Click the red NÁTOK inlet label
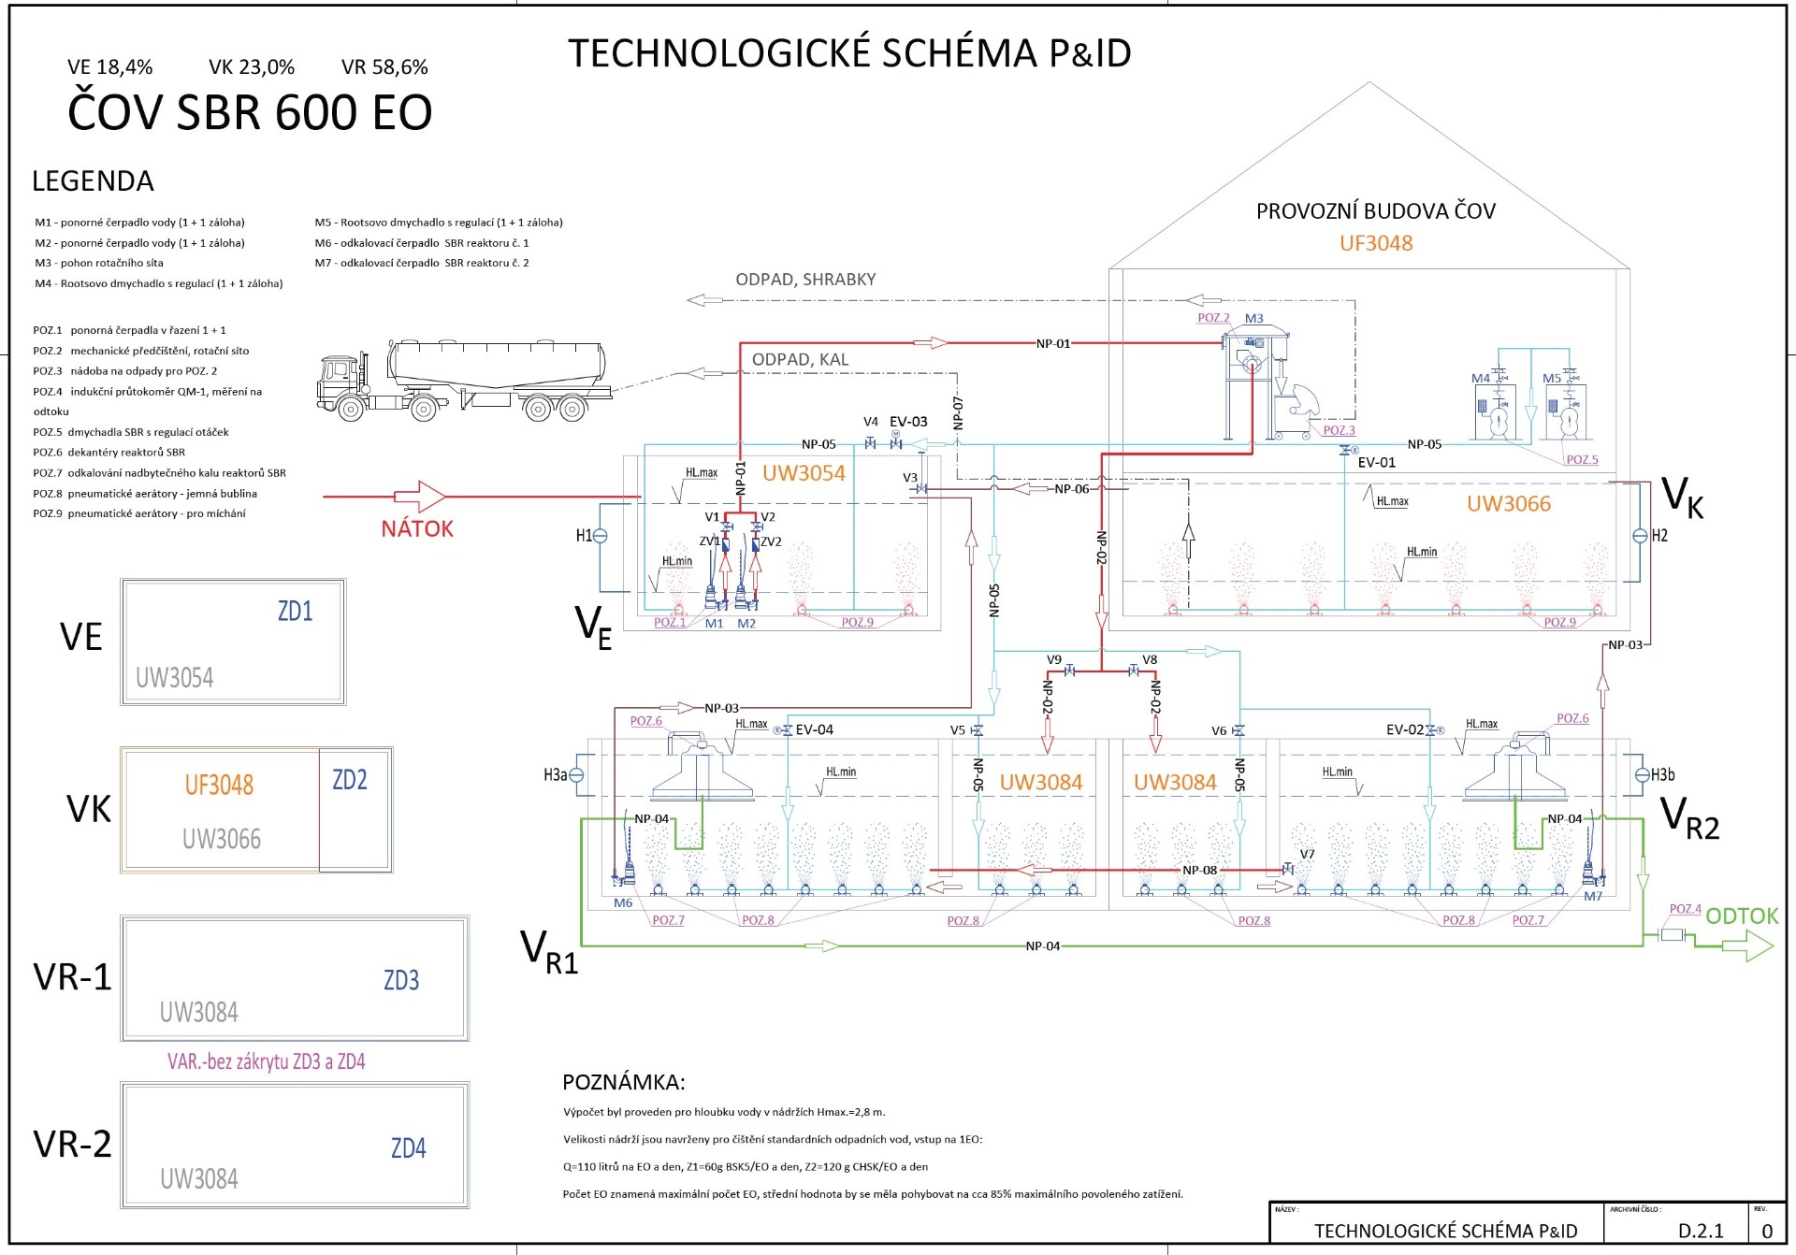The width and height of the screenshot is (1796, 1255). [x=417, y=529]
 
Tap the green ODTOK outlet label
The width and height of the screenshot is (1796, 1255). [x=1741, y=916]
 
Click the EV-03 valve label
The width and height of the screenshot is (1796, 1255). [x=908, y=422]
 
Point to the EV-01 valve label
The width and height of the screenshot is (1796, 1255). [x=1376, y=462]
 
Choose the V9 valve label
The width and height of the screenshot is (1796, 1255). [x=1054, y=659]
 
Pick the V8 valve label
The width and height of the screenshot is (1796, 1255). [x=1150, y=659]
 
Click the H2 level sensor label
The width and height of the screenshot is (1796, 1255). [x=1659, y=536]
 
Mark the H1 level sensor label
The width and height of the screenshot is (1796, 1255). [x=584, y=536]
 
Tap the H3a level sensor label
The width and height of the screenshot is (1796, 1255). [x=555, y=774]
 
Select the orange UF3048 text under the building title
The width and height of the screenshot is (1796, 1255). [x=1376, y=243]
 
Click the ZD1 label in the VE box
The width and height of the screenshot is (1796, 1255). [x=295, y=612]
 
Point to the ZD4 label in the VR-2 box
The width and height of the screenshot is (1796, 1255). [x=408, y=1148]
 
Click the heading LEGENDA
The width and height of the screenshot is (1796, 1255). [x=93, y=181]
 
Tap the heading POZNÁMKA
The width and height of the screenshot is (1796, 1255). [x=623, y=1082]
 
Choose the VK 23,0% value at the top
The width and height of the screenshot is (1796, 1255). [x=252, y=67]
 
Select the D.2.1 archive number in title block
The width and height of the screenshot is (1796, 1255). [x=1700, y=1231]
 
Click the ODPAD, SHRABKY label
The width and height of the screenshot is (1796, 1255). [x=805, y=280]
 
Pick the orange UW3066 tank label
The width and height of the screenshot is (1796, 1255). [x=1508, y=504]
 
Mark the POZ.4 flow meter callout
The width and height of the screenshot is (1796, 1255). [x=1685, y=909]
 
